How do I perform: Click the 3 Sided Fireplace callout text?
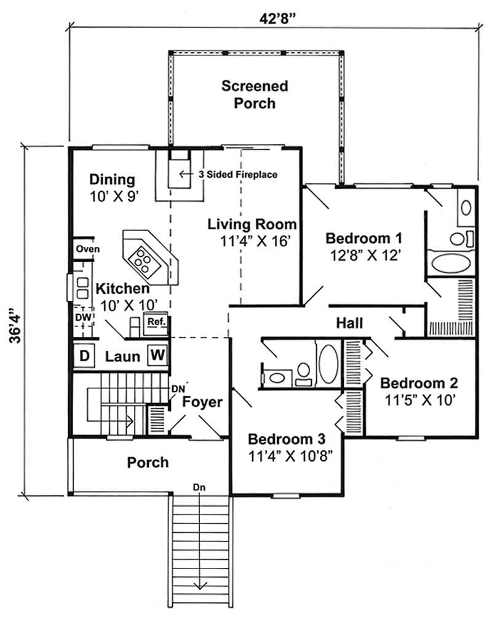(237, 175)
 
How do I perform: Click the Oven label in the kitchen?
(84, 250)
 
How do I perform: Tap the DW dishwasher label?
(83, 316)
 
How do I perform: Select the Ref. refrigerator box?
(153, 321)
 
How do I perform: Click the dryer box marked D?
(84, 356)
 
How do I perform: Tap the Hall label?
(349, 323)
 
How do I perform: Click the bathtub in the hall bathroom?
(327, 364)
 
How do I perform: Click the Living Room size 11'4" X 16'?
(252, 241)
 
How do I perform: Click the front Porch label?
(148, 462)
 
